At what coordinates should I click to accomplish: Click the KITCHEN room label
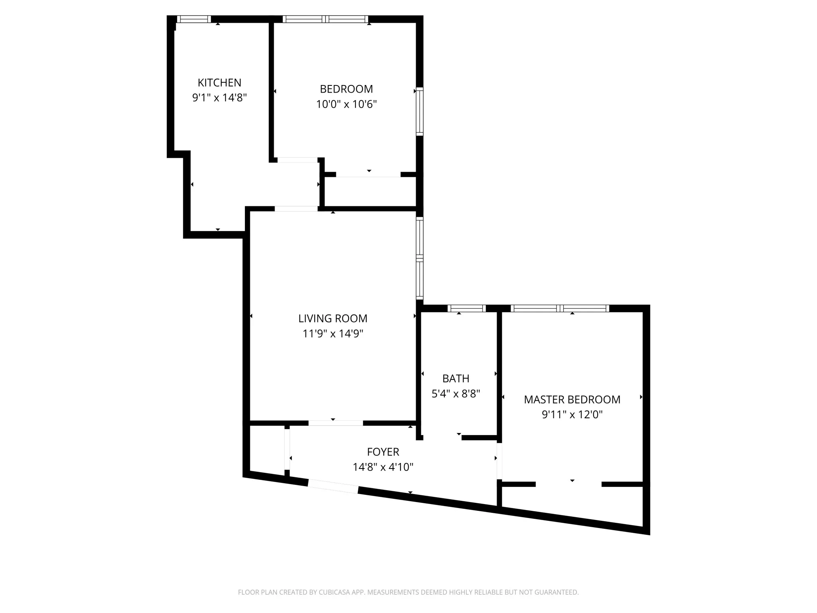click(x=219, y=83)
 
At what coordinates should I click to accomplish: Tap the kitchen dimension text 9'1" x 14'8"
click(x=219, y=98)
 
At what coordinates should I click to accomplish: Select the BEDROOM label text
click(x=346, y=89)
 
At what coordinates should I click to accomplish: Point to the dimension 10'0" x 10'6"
click(x=346, y=104)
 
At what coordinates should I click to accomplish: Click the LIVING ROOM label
click(x=333, y=318)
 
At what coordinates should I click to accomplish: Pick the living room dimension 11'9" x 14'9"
click(x=333, y=334)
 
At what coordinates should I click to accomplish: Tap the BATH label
click(x=456, y=378)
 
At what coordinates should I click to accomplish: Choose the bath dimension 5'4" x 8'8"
click(x=456, y=394)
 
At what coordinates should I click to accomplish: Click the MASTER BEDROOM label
click(x=572, y=399)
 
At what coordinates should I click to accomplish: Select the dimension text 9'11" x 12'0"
click(x=572, y=415)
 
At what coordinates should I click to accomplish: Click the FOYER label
click(x=383, y=452)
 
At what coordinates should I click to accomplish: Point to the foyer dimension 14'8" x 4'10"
click(x=383, y=467)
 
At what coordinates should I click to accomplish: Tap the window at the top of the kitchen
click(x=194, y=19)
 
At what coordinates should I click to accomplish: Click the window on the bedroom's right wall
click(x=420, y=112)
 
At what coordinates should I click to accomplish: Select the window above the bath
click(x=466, y=308)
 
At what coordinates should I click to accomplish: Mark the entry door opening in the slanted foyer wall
click(x=333, y=486)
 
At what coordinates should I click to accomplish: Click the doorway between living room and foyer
click(x=335, y=423)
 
